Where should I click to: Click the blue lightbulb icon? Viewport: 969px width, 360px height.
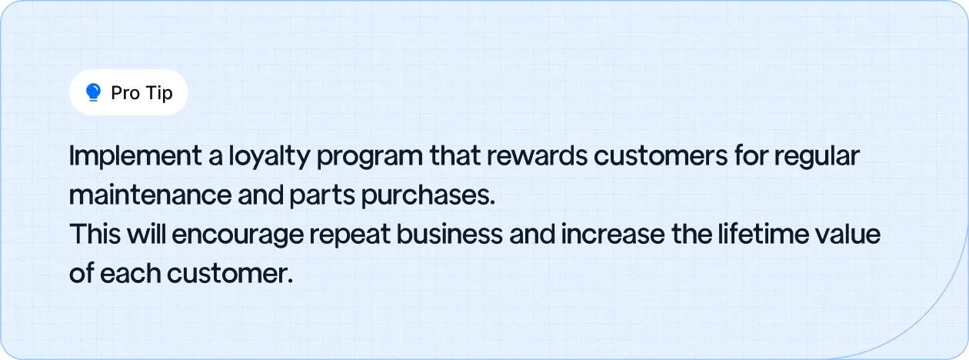click(x=94, y=93)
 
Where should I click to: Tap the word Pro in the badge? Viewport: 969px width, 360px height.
click(x=125, y=93)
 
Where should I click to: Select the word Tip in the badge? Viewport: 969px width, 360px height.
click(x=158, y=93)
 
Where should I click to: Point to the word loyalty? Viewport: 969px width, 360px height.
click(x=268, y=157)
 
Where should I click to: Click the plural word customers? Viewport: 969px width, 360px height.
click(x=659, y=157)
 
